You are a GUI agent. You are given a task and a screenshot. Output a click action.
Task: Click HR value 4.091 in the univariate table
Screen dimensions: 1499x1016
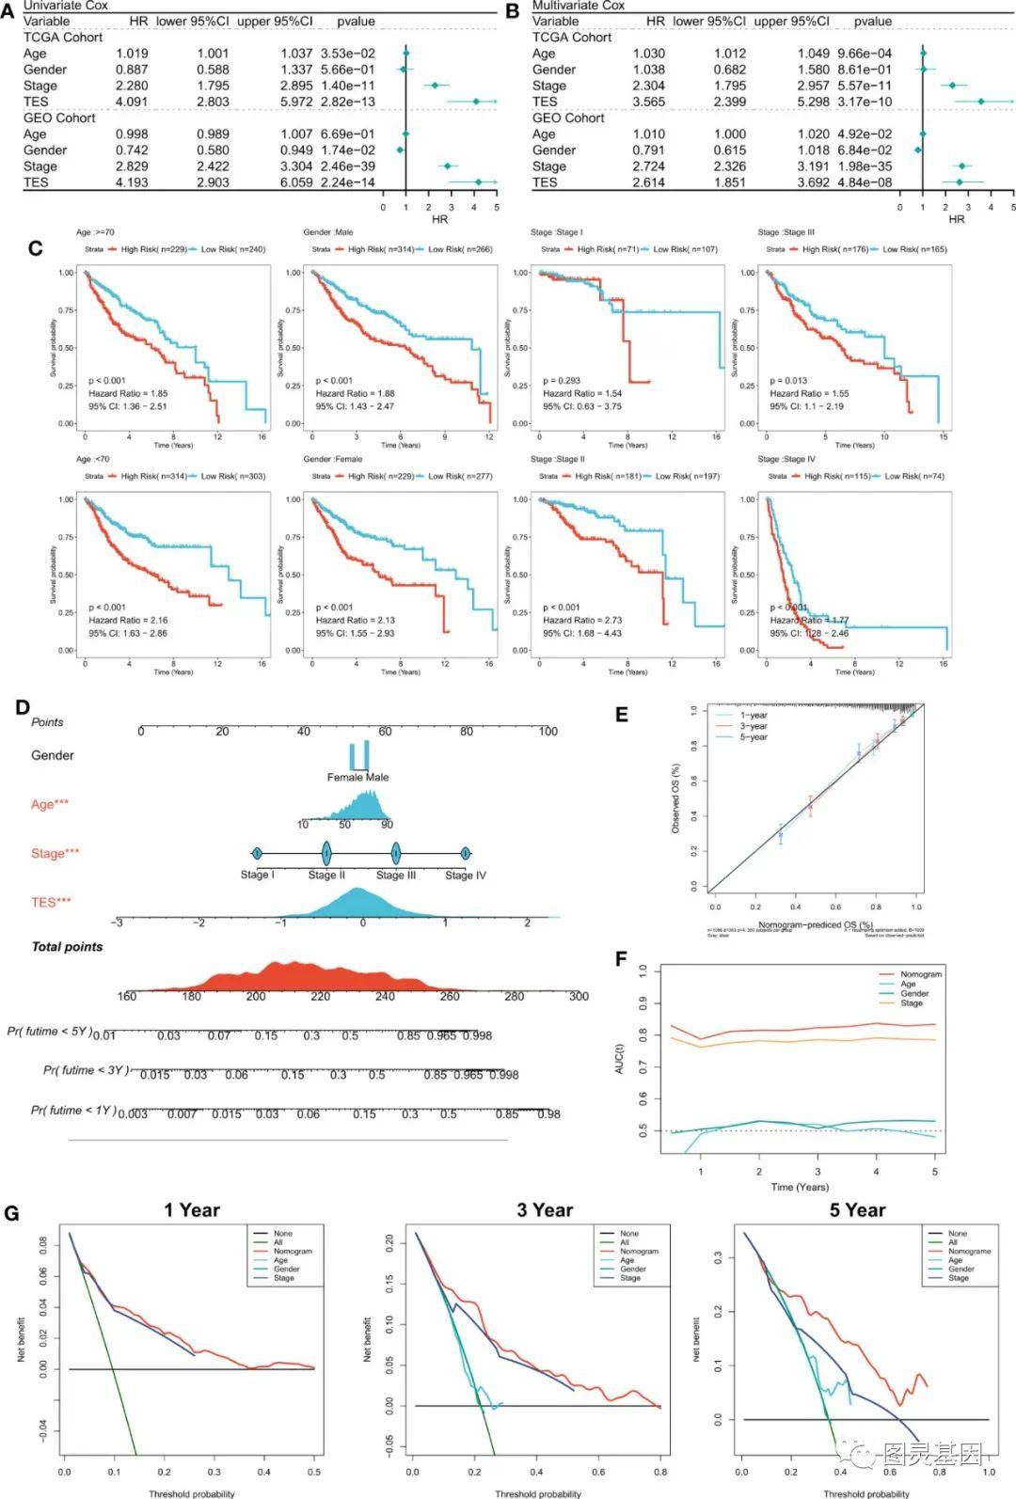(x=132, y=102)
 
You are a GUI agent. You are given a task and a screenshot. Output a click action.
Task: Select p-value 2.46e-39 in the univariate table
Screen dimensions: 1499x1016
(x=347, y=166)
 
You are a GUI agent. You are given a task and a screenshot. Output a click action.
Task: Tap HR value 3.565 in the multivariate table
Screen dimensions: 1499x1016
(x=649, y=102)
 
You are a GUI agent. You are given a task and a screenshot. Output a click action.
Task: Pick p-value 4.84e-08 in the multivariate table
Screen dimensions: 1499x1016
(x=865, y=182)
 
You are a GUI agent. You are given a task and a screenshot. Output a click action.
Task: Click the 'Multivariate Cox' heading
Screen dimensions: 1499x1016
(x=579, y=6)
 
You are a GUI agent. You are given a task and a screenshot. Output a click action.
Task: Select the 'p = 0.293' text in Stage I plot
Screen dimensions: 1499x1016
(x=562, y=381)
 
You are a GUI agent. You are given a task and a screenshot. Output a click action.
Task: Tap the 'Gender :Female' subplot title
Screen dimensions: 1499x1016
(x=333, y=459)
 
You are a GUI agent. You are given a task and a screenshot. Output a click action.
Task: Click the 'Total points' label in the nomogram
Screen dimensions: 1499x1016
(x=67, y=947)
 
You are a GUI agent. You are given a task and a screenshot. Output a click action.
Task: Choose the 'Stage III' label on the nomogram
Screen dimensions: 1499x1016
(x=396, y=876)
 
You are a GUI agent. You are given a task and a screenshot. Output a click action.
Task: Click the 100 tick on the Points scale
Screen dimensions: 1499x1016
(x=548, y=732)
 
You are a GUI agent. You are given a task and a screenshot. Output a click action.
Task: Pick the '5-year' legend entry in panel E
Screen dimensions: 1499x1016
(x=754, y=737)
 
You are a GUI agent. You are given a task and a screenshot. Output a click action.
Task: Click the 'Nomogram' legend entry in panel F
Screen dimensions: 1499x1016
(x=920, y=974)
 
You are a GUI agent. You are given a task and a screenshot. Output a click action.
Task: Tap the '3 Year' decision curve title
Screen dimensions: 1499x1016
(x=545, y=1210)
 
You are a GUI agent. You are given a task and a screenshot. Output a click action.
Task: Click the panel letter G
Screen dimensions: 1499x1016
(x=11, y=1213)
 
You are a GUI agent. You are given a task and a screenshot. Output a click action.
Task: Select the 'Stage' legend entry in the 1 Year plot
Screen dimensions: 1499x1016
(x=284, y=1278)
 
